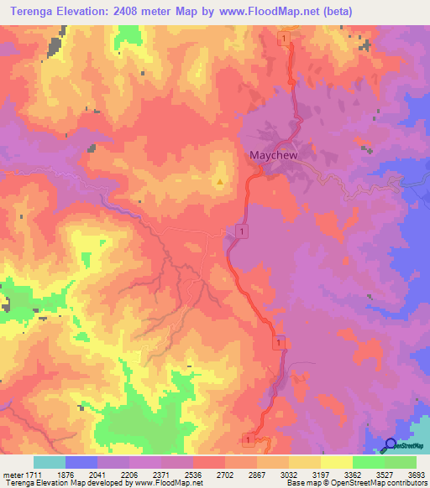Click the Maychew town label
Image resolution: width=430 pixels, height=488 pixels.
[274, 155]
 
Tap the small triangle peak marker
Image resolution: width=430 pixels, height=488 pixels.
[220, 180]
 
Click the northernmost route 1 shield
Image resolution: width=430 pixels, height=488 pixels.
[286, 39]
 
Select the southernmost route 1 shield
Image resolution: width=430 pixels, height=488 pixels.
[249, 439]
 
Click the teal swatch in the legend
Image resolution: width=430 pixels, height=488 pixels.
[50, 462]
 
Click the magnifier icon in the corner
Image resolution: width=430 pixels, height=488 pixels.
[391, 444]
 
